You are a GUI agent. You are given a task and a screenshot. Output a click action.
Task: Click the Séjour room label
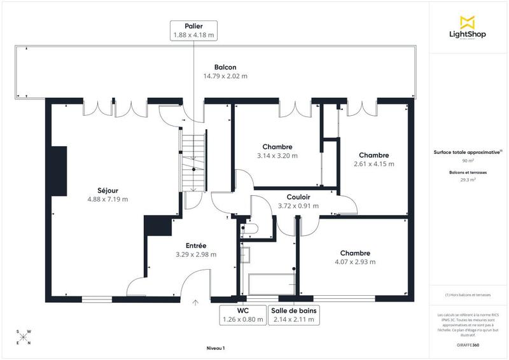(x=108, y=190)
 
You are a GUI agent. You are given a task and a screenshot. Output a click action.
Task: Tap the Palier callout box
(x=193, y=30)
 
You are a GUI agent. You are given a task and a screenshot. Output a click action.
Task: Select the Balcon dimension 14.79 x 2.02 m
(x=225, y=76)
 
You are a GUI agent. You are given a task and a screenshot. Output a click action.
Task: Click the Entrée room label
(x=196, y=246)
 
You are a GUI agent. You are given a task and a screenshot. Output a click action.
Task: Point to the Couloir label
(x=298, y=197)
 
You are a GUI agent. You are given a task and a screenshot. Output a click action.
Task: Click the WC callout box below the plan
(x=241, y=315)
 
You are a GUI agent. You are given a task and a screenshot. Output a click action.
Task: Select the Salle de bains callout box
(x=293, y=315)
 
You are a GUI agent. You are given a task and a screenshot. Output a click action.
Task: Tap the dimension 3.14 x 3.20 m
(x=277, y=155)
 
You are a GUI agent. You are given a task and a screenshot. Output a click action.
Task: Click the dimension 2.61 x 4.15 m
(x=373, y=163)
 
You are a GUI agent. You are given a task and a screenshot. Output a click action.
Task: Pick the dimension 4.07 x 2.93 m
(x=355, y=261)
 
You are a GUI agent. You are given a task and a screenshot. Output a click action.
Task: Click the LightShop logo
(x=468, y=29)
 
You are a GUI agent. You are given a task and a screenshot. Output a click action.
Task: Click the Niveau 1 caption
(x=216, y=348)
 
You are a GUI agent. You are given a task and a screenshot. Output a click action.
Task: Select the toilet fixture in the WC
(x=248, y=228)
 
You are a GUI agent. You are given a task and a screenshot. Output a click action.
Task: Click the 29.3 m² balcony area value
(x=468, y=180)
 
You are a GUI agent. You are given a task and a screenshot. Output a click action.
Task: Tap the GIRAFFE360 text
(x=468, y=343)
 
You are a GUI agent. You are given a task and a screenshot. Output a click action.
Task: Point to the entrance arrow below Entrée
(x=195, y=303)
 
